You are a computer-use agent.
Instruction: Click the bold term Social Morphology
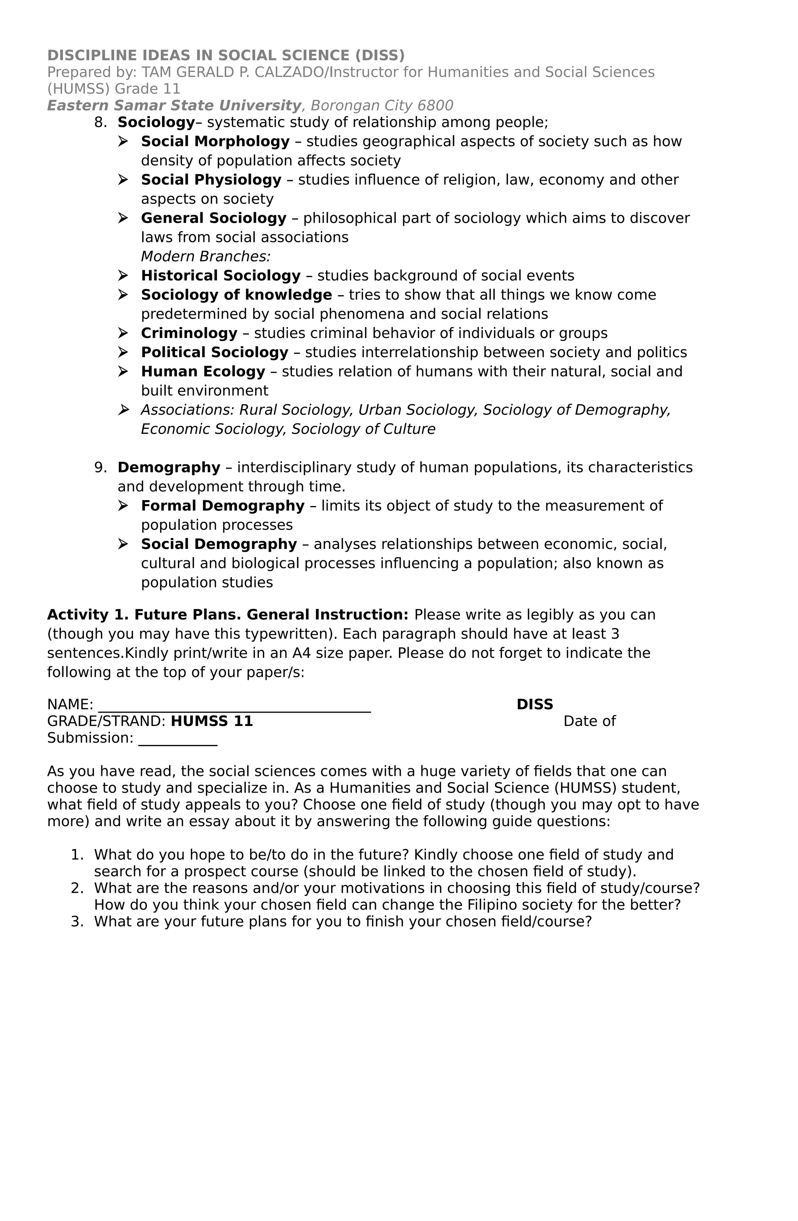click(215, 142)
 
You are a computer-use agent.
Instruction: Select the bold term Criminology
click(189, 333)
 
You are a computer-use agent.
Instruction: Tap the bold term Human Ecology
click(203, 372)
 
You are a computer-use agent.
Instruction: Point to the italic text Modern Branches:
click(205, 257)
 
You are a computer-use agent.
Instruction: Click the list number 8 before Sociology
click(100, 123)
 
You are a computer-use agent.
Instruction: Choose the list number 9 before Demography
click(100, 468)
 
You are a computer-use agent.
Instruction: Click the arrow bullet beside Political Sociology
click(123, 352)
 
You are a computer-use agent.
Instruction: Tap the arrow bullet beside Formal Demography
click(123, 506)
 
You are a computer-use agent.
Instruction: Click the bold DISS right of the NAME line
click(534, 705)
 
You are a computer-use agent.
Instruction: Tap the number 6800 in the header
click(435, 106)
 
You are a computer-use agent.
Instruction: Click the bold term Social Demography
click(219, 544)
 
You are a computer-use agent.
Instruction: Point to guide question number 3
click(77, 922)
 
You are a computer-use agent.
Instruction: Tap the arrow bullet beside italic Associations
click(123, 410)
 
